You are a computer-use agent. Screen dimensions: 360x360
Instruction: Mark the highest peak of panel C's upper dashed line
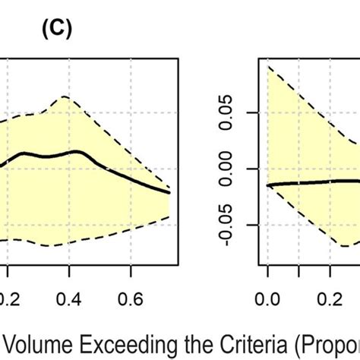[x=65, y=96]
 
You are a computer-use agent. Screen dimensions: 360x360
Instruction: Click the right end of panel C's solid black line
[x=169, y=193]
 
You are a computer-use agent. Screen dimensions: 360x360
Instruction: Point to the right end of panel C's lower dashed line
[x=169, y=216]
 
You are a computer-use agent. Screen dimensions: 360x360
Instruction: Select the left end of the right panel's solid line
[x=267, y=185]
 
